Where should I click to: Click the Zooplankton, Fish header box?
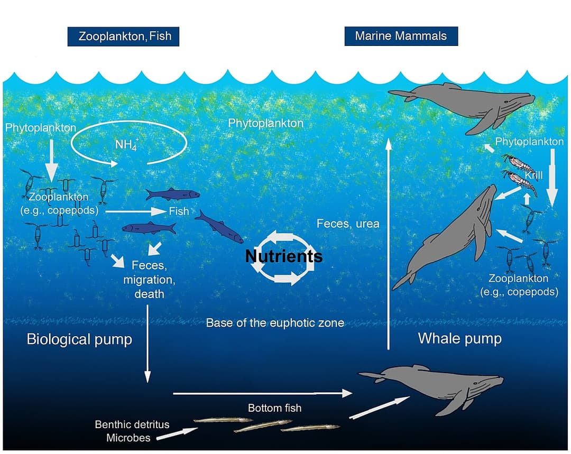click(125, 36)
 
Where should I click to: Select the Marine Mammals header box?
click(401, 36)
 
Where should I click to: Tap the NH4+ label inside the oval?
click(125, 145)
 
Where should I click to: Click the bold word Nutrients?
click(284, 256)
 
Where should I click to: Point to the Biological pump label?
click(79, 339)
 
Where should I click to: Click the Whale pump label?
click(459, 338)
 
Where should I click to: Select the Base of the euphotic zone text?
click(275, 322)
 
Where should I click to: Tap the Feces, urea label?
click(348, 224)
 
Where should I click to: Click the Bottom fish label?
click(274, 408)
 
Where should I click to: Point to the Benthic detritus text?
click(132, 424)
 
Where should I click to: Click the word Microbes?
click(128, 438)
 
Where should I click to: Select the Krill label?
click(534, 175)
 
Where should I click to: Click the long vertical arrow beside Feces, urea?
click(389, 243)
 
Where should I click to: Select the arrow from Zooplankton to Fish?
click(135, 211)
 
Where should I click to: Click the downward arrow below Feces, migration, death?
click(148, 344)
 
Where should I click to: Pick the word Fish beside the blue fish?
click(179, 211)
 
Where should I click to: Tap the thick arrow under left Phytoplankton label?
click(51, 162)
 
